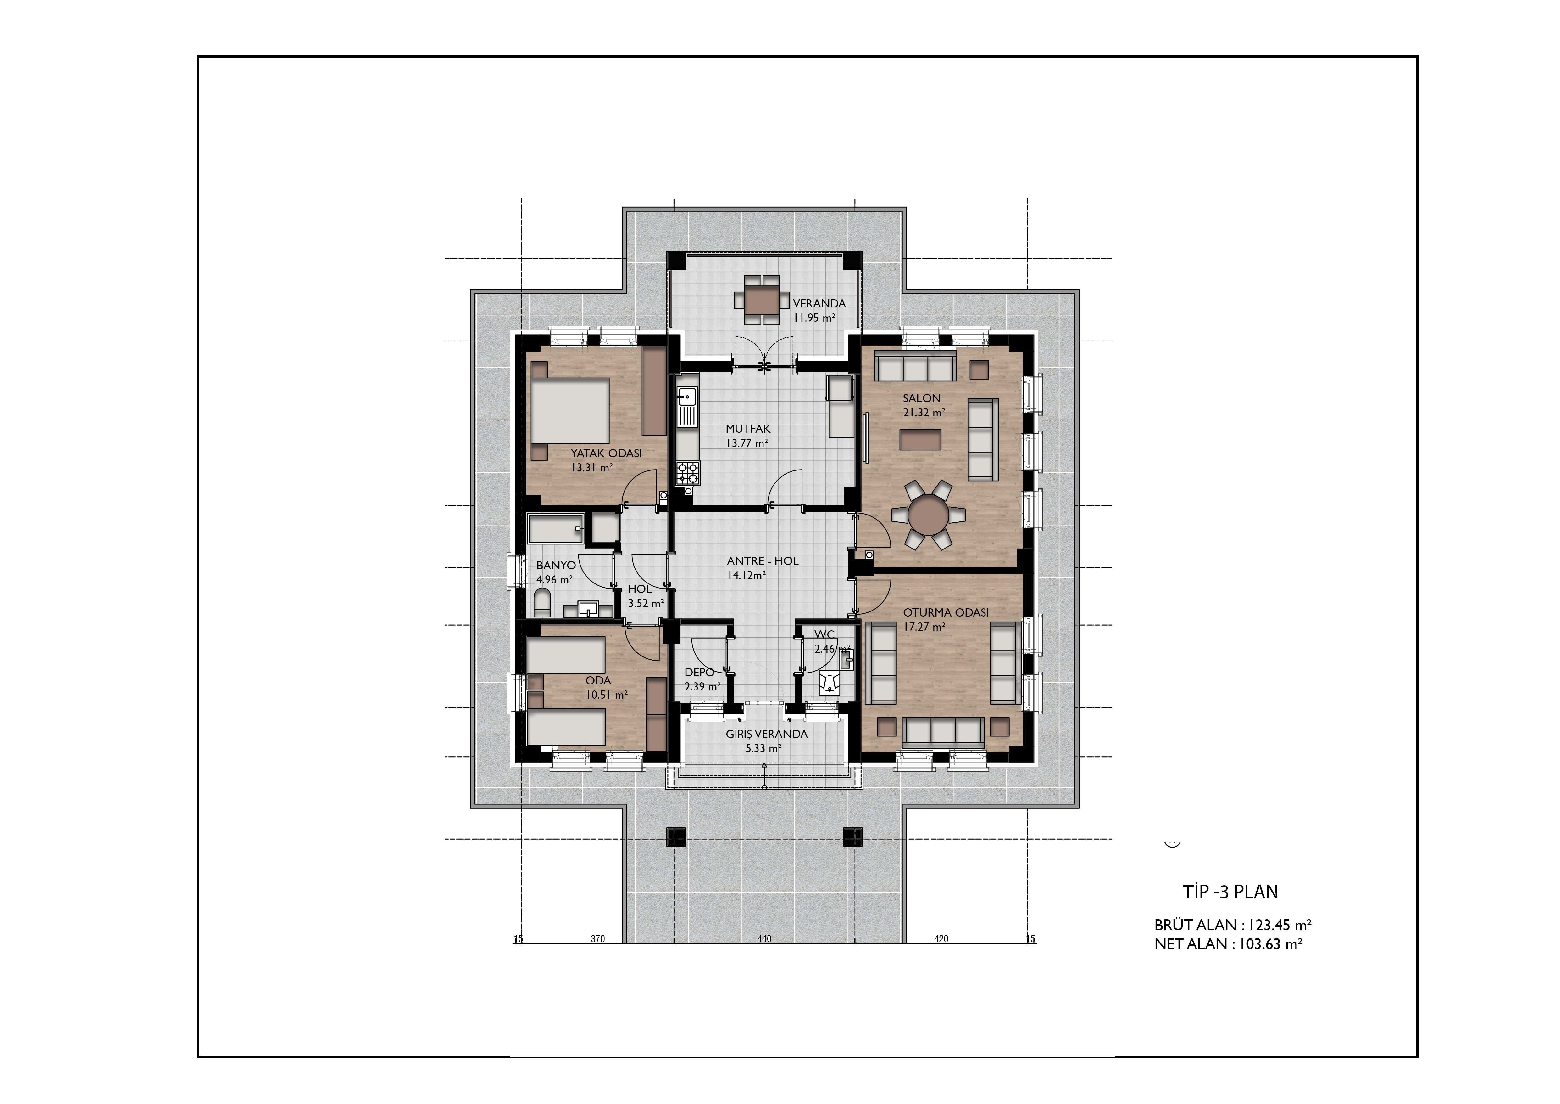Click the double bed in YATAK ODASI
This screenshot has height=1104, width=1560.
[x=569, y=411]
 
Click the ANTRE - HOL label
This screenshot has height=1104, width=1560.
[x=762, y=561]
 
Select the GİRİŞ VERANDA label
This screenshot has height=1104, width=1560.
[x=766, y=734]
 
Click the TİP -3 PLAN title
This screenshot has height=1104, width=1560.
[x=1230, y=891]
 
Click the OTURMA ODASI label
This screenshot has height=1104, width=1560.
[x=946, y=612]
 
